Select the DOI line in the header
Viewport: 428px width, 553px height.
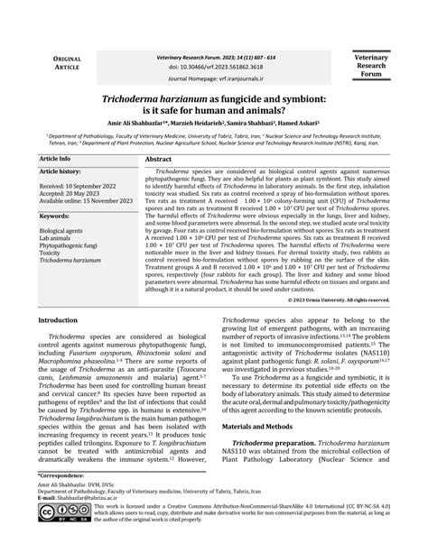213,66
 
